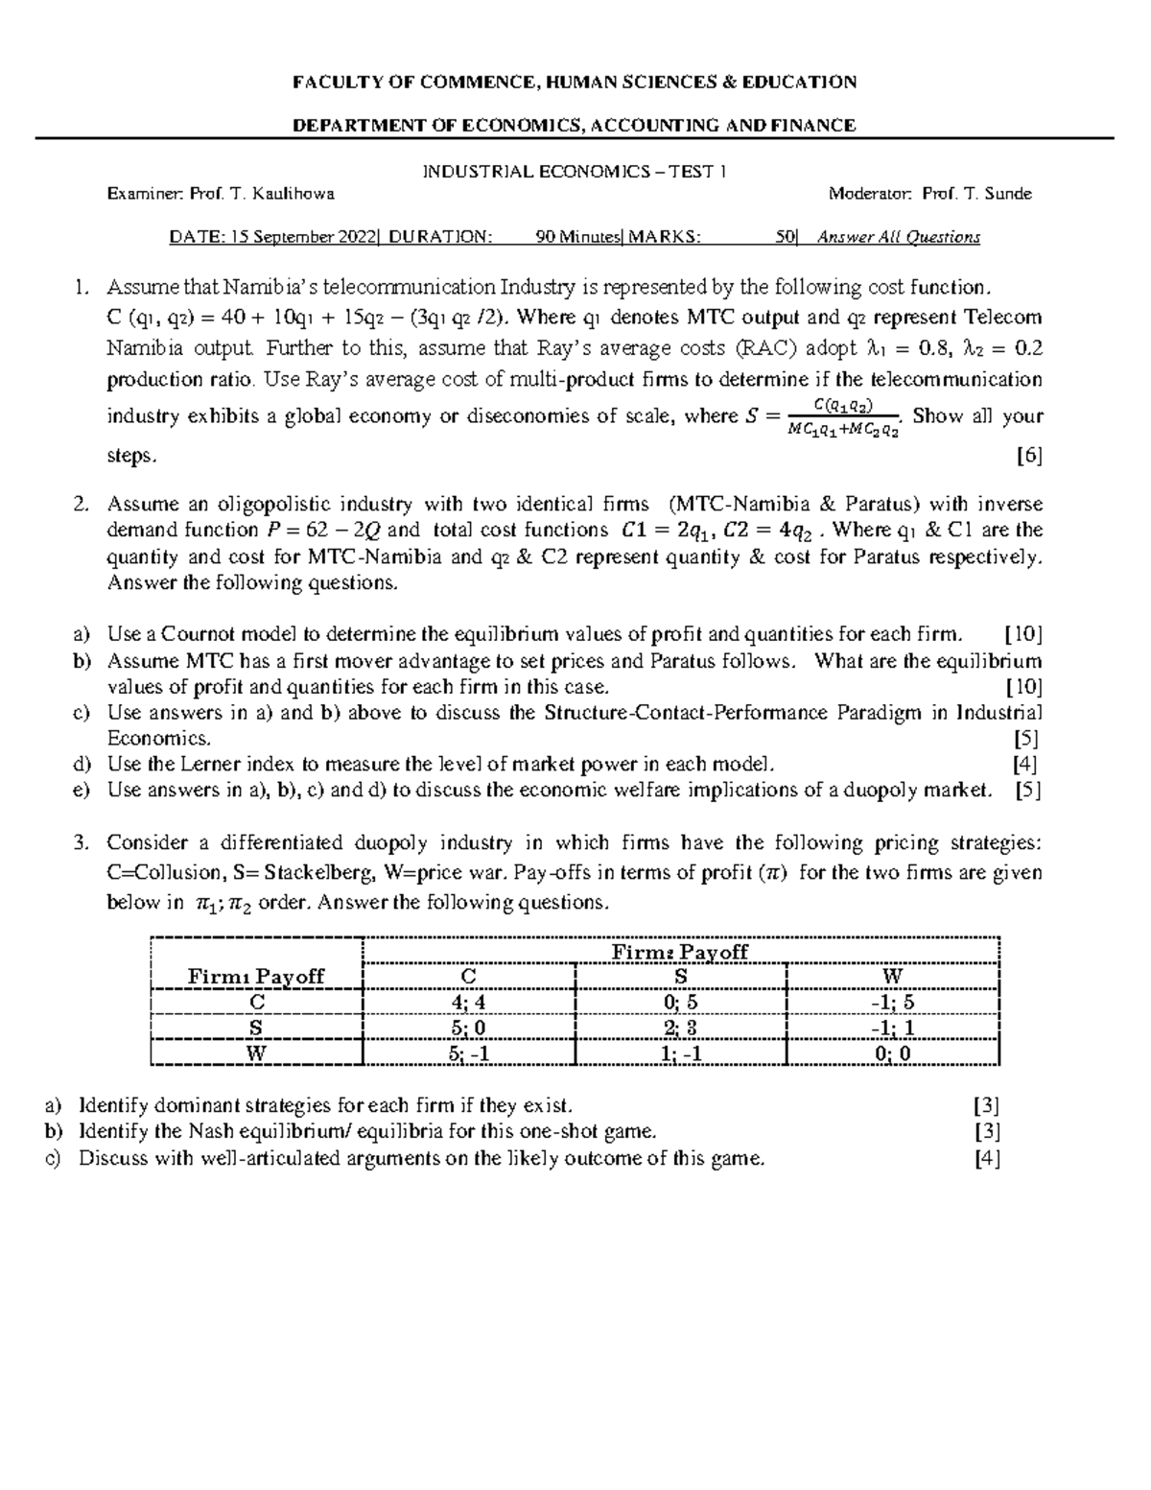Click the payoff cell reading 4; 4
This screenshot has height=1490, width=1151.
tap(469, 1002)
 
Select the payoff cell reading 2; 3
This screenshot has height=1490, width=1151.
tap(680, 1027)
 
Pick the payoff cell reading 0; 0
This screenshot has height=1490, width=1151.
tap(892, 1052)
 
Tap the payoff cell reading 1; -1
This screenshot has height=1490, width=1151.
tap(680, 1052)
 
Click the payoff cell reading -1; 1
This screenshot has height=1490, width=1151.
tap(892, 1027)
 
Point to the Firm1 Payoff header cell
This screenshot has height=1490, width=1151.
tap(256, 977)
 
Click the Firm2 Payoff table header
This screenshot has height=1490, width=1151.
tap(680, 952)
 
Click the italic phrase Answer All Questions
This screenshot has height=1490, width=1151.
tap(898, 237)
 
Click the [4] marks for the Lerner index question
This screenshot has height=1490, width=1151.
tap(1024, 765)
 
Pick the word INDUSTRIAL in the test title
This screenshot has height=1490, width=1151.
tap(468, 172)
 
